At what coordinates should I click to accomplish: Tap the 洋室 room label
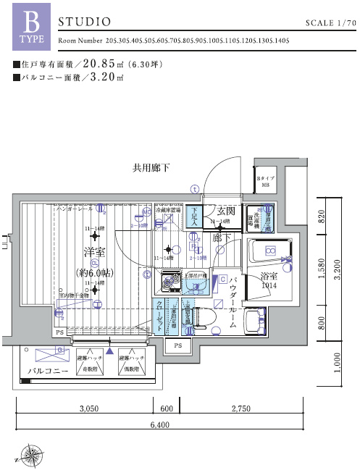(93, 252)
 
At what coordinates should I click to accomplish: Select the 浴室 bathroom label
(269, 276)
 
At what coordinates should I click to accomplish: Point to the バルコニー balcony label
(48, 371)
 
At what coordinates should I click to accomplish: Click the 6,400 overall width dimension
(158, 424)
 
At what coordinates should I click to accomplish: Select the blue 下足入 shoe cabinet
(194, 217)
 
